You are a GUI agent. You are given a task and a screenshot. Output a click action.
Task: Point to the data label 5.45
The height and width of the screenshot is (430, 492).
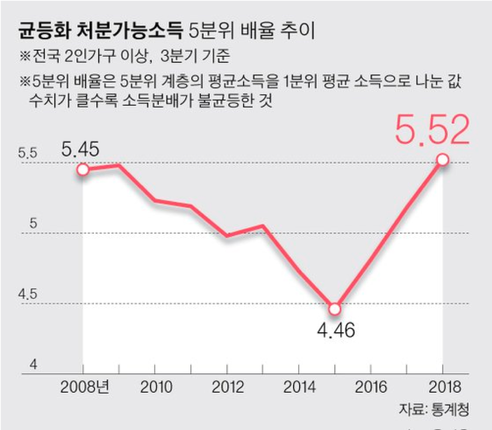pos(80,150)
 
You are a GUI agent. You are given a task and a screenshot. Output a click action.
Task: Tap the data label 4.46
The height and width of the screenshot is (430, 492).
pos(336,329)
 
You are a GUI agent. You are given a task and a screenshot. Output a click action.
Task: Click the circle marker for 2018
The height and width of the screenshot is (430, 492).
pos(442,160)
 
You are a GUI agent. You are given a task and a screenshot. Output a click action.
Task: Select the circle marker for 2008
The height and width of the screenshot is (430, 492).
pos(83,170)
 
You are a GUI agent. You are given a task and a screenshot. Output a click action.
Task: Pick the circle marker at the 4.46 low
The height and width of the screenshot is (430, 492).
pos(335,309)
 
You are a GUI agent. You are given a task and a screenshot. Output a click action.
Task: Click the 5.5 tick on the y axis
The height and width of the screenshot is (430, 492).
pos(27,154)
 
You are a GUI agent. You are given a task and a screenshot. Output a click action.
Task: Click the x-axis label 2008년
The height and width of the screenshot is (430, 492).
pos(84,387)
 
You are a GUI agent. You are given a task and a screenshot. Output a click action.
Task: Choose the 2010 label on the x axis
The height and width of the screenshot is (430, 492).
pos(156,387)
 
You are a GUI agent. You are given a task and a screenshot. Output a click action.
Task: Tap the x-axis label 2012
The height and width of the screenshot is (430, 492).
pos(227,387)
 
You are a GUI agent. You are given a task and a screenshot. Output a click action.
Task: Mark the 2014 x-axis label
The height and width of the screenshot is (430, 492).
pos(299,387)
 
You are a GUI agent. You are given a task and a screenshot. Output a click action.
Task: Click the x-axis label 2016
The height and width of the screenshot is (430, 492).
pos(371,387)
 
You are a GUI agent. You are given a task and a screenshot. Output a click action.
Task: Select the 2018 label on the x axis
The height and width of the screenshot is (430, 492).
pos(442,387)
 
